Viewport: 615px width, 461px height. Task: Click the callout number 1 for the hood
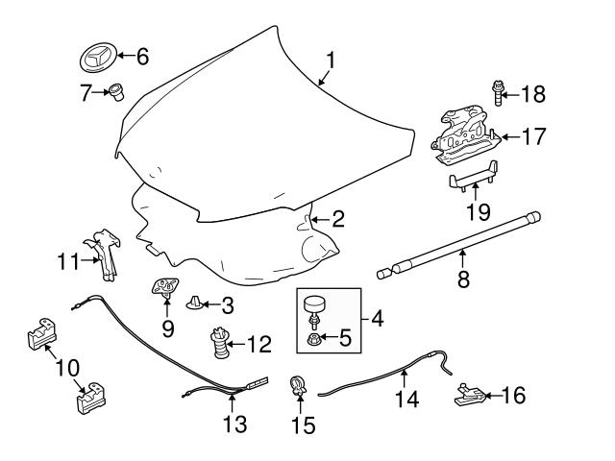pyautogui.click(x=330, y=61)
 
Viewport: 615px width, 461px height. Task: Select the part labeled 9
pyautogui.click(x=167, y=286)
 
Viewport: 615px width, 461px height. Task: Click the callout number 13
pyautogui.click(x=234, y=423)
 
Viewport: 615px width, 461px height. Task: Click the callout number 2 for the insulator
pyautogui.click(x=337, y=220)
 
